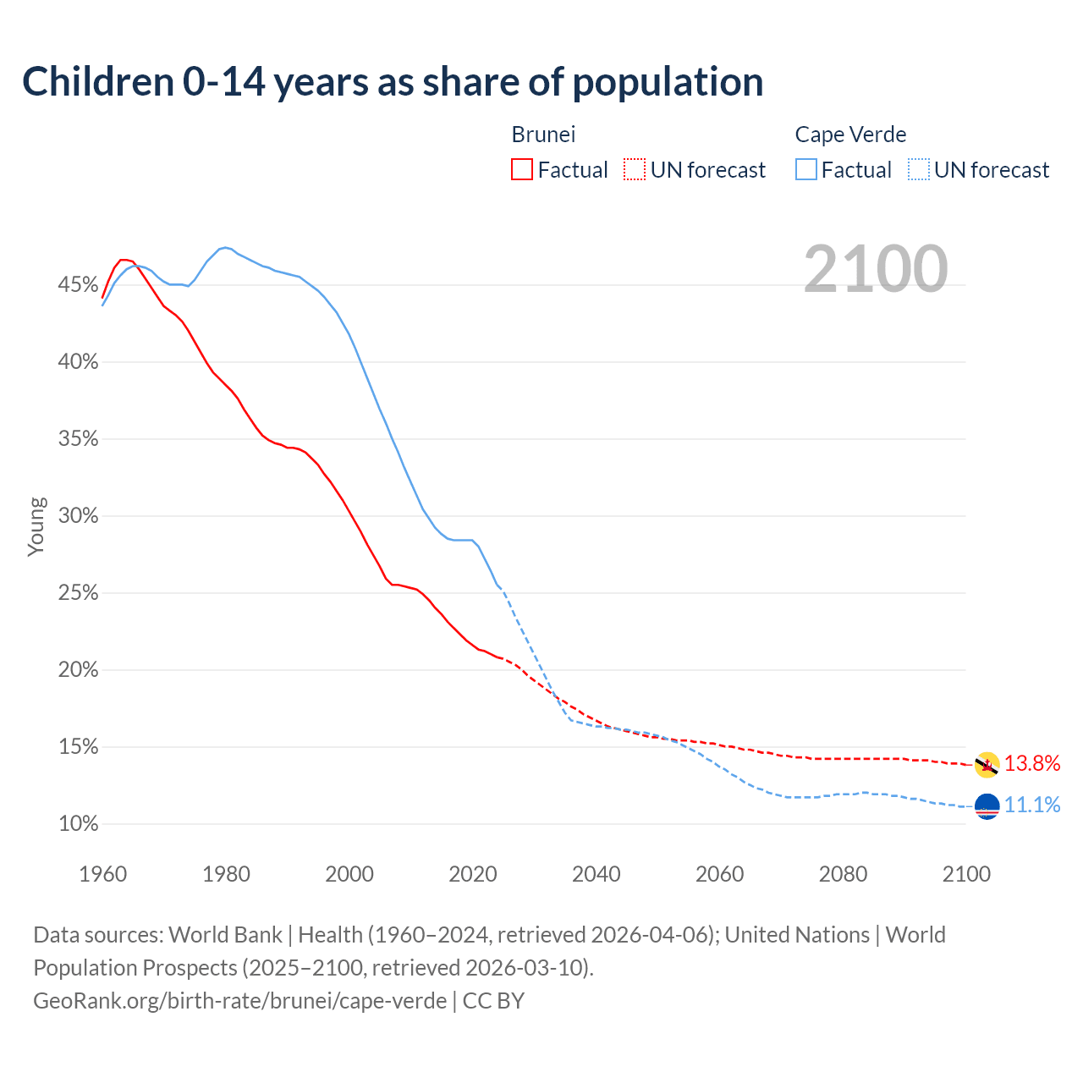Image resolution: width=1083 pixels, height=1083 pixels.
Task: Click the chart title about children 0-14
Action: (393, 82)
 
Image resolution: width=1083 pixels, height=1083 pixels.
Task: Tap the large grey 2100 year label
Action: (876, 269)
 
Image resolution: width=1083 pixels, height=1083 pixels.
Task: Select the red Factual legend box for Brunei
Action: (522, 170)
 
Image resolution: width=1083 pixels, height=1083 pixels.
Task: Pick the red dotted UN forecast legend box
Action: (635, 170)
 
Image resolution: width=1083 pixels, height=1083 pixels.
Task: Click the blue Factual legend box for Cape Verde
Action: (806, 170)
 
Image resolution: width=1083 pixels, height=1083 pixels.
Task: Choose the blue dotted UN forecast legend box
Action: (919, 170)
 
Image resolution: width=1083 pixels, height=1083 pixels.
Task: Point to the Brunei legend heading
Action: (543, 135)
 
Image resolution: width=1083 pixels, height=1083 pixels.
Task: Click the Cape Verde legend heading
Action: (850, 135)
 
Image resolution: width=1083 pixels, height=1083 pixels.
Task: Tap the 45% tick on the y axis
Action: (78, 285)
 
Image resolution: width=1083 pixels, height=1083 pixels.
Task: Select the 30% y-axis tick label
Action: (78, 516)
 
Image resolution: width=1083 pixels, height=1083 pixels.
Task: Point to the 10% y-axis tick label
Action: (78, 824)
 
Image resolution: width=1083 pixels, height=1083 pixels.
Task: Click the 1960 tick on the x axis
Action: (103, 874)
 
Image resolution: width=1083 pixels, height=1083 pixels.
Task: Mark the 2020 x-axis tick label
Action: (473, 874)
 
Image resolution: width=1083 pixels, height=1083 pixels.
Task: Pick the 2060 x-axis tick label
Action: (719, 874)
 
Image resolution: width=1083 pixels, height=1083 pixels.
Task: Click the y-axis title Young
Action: (36, 526)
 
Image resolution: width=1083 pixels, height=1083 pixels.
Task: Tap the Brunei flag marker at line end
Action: (987, 765)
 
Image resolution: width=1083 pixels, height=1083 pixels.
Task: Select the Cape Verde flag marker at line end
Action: (987, 807)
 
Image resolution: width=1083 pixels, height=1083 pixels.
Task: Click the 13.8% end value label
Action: (1032, 764)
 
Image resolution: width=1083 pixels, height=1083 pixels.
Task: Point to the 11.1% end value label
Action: (1032, 805)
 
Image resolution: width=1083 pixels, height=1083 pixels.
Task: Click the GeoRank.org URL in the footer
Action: (239, 1001)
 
